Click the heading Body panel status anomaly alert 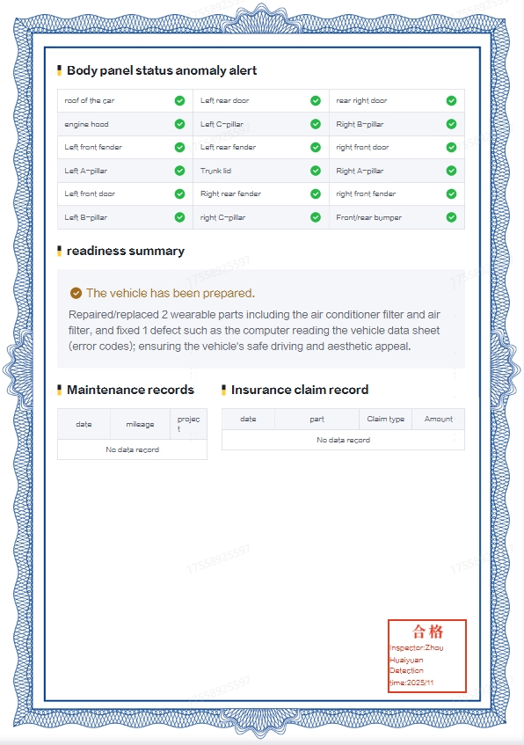coord(162,70)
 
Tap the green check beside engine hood coord(179,124)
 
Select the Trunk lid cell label coord(216,171)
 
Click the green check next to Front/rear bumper coord(451,217)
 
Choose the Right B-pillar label coord(360,124)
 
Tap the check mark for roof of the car coord(179,100)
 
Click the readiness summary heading coord(125,251)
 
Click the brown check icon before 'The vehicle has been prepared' coord(76,293)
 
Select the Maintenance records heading coord(130,390)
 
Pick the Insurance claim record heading coord(300,390)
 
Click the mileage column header coord(140,424)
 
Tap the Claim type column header coord(385,419)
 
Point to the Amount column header coord(439,419)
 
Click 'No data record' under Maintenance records coord(132,449)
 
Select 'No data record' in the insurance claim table coord(343,440)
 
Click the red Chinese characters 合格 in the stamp coord(428,632)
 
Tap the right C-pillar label coord(223,217)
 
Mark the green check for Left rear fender coord(316,147)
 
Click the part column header coord(317,419)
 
